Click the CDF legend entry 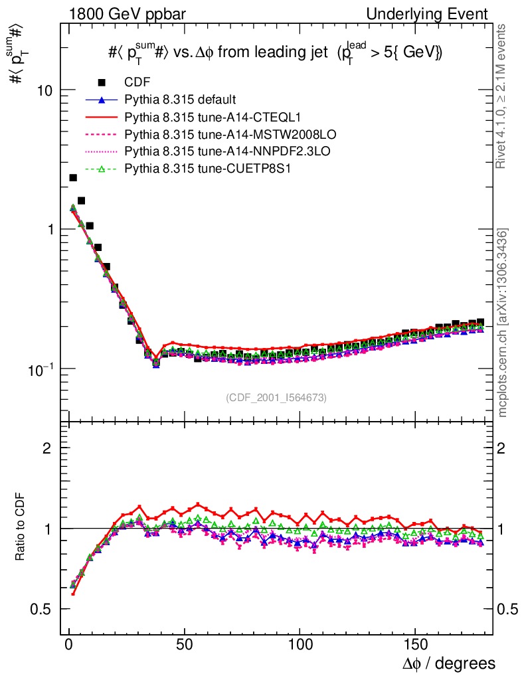coord(137,82)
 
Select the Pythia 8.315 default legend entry coord(180,100)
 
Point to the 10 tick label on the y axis coord(45,90)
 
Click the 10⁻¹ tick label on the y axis coord(42,368)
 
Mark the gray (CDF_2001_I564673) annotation coord(276,397)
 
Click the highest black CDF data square coord(73,177)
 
